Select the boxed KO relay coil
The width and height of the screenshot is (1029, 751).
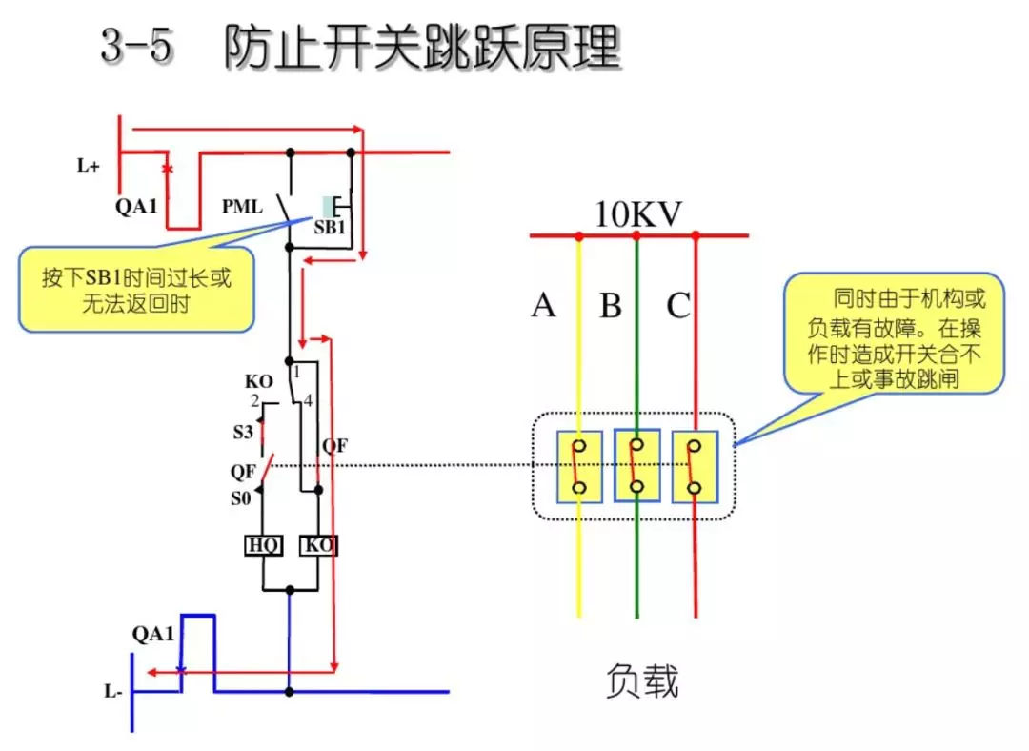click(x=318, y=546)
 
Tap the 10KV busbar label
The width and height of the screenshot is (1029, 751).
click(x=638, y=214)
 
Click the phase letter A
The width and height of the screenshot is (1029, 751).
click(x=543, y=306)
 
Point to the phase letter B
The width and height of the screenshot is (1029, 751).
click(x=611, y=306)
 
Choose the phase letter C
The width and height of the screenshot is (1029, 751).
click(x=678, y=306)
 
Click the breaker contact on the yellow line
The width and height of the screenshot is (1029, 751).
click(x=579, y=467)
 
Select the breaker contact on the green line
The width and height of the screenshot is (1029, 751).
click(x=637, y=467)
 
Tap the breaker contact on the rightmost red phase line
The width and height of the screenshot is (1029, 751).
click(x=696, y=467)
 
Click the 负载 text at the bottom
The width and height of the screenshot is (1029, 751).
click(x=642, y=681)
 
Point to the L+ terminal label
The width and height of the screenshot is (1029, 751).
click(x=89, y=166)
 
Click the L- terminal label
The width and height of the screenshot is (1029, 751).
click(x=113, y=692)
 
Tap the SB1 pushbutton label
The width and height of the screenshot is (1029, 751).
click(x=330, y=229)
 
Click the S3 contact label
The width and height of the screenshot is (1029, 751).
click(x=243, y=432)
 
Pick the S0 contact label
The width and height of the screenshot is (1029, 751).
click(x=242, y=497)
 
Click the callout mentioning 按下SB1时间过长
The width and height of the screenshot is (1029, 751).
click(x=136, y=290)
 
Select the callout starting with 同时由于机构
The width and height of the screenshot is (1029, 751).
click(x=895, y=335)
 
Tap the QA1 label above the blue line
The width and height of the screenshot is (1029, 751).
click(x=152, y=634)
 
